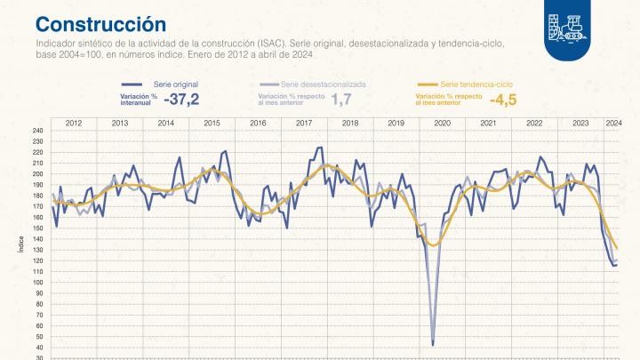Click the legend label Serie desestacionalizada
pos(324,84)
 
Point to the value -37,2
pos(181,100)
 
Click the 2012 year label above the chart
pos(74,122)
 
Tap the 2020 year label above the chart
pos(443,122)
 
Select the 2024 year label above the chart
pos(613,122)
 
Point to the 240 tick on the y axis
pos(37,131)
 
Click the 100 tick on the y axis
pos(37,281)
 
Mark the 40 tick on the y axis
pos(39,346)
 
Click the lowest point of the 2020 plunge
pos(433,344)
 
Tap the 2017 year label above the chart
pos(304,122)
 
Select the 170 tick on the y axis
pos(37,206)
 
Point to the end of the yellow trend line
pos(617,248)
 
